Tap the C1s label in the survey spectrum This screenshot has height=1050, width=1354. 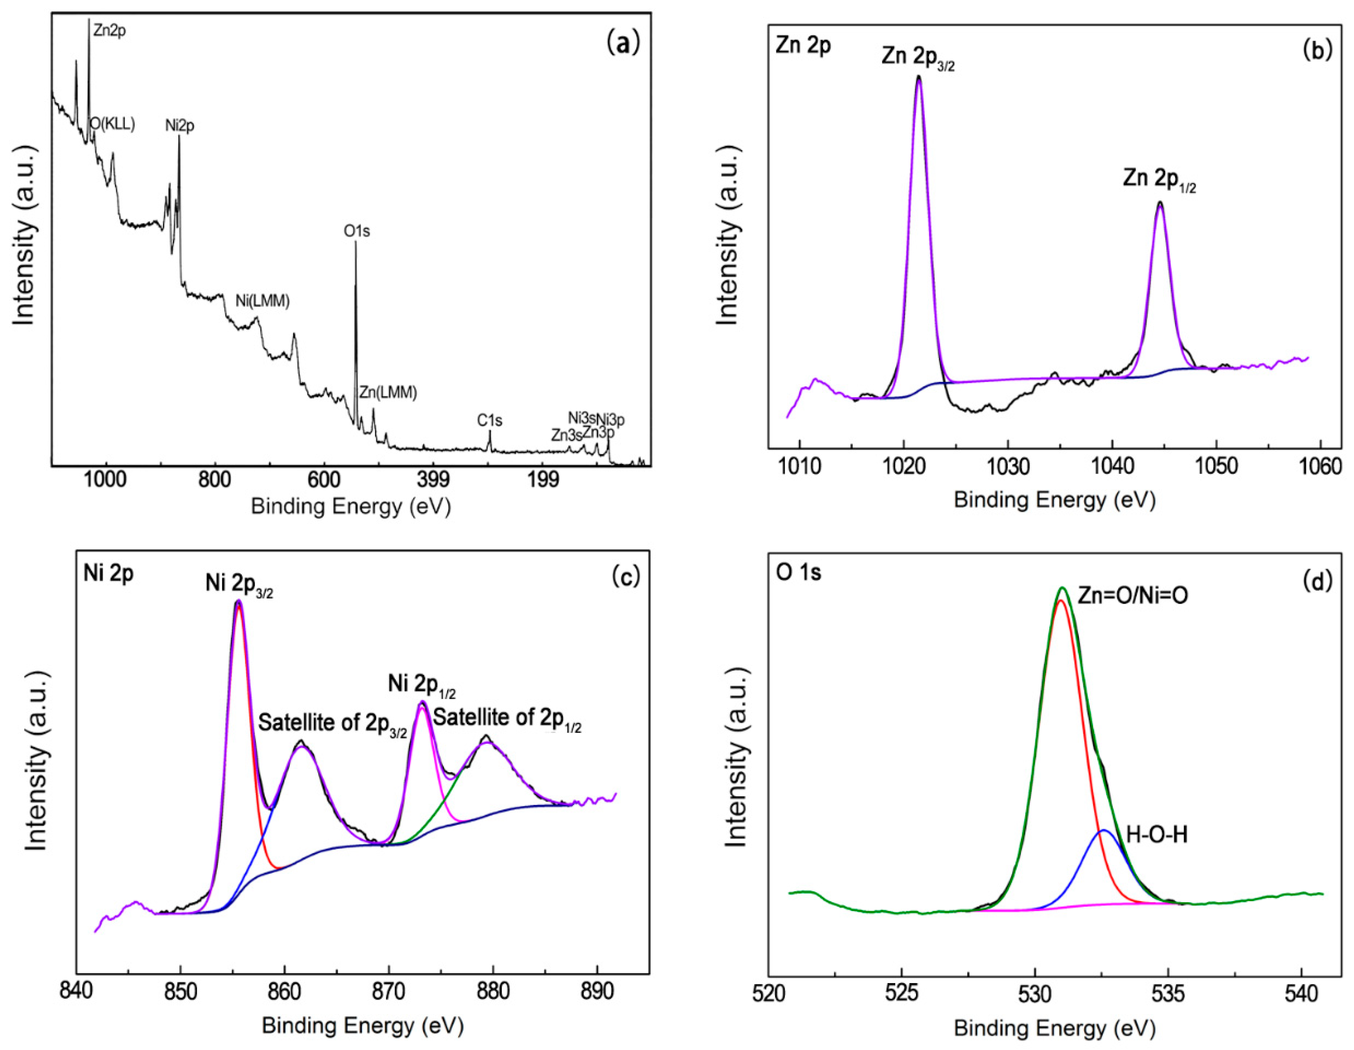(489, 420)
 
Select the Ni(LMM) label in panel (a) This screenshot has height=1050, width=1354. (262, 301)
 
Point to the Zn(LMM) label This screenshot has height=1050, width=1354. (388, 392)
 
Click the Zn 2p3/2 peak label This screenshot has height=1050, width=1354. (918, 58)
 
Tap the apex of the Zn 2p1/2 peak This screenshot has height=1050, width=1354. (1159, 202)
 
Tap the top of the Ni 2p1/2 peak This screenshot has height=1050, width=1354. (423, 702)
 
